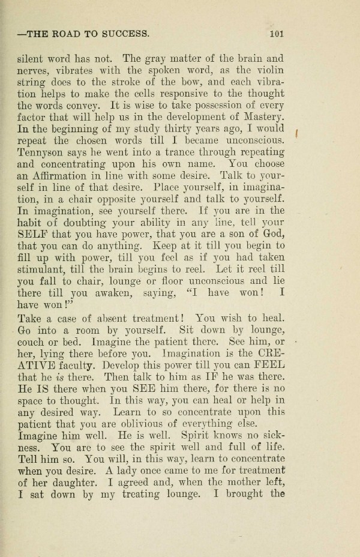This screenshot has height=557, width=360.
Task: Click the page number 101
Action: click(276, 34)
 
